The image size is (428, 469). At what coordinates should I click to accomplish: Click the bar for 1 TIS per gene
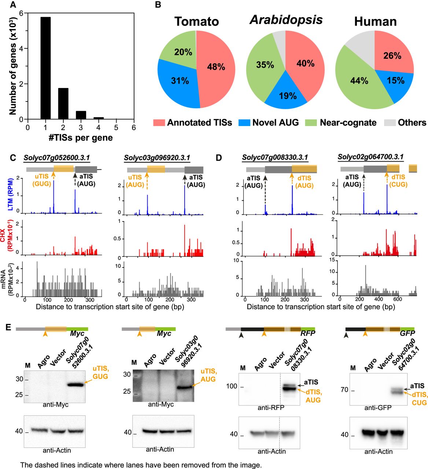pos(45,68)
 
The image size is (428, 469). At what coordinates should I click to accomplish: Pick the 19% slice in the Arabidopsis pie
pos(288,96)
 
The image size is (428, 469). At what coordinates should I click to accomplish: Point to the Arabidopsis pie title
pos(286,20)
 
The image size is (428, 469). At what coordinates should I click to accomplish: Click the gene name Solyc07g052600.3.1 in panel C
pos(57,158)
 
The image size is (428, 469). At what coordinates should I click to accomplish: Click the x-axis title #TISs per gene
pos(81,138)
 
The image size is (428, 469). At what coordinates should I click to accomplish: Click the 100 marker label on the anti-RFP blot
pos(232,386)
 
